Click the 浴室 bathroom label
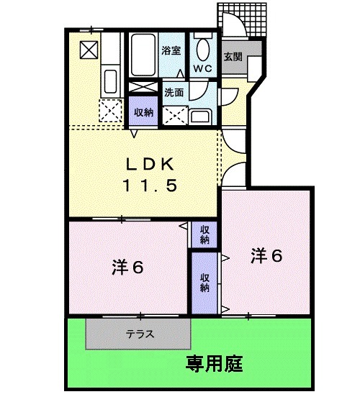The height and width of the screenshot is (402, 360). [171, 51]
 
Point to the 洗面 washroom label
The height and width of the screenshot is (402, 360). [174, 92]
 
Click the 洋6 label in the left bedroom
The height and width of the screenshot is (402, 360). [129, 268]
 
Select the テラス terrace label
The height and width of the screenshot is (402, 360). [139, 334]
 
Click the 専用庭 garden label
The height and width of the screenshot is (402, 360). [214, 362]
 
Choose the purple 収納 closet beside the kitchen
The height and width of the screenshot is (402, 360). [143, 111]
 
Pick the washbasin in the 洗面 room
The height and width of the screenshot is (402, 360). [201, 116]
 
